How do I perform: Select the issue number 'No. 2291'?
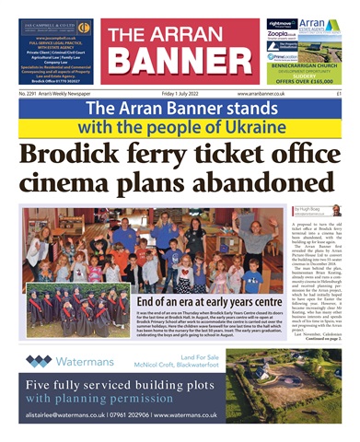click(33, 94)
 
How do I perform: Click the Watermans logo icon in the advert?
click(38, 360)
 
